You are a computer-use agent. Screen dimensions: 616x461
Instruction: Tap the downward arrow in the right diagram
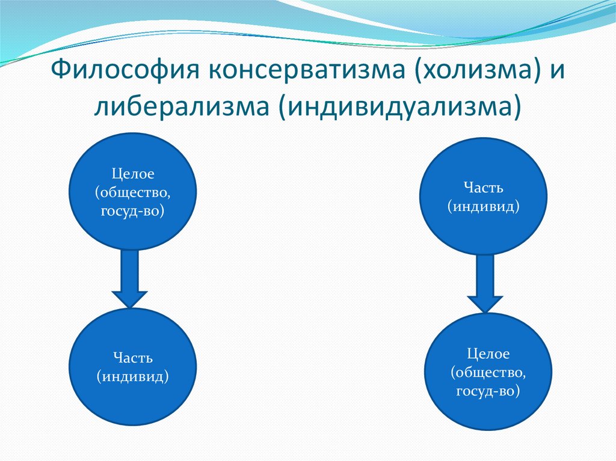485,282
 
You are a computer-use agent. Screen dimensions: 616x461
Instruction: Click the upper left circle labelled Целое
134,191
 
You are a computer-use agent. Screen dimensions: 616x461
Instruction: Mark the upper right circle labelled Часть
483,196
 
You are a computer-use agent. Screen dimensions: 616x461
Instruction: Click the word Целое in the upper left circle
133,174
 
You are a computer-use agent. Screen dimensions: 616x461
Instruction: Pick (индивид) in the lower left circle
133,376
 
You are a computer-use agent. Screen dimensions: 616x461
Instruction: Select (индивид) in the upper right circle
483,206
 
